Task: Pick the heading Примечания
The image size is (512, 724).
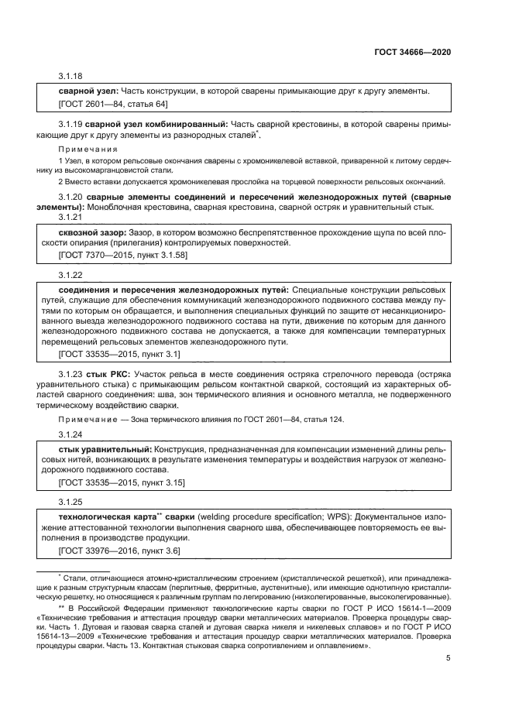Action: pos(88,149)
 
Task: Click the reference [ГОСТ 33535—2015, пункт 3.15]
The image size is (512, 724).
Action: pos(122,482)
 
